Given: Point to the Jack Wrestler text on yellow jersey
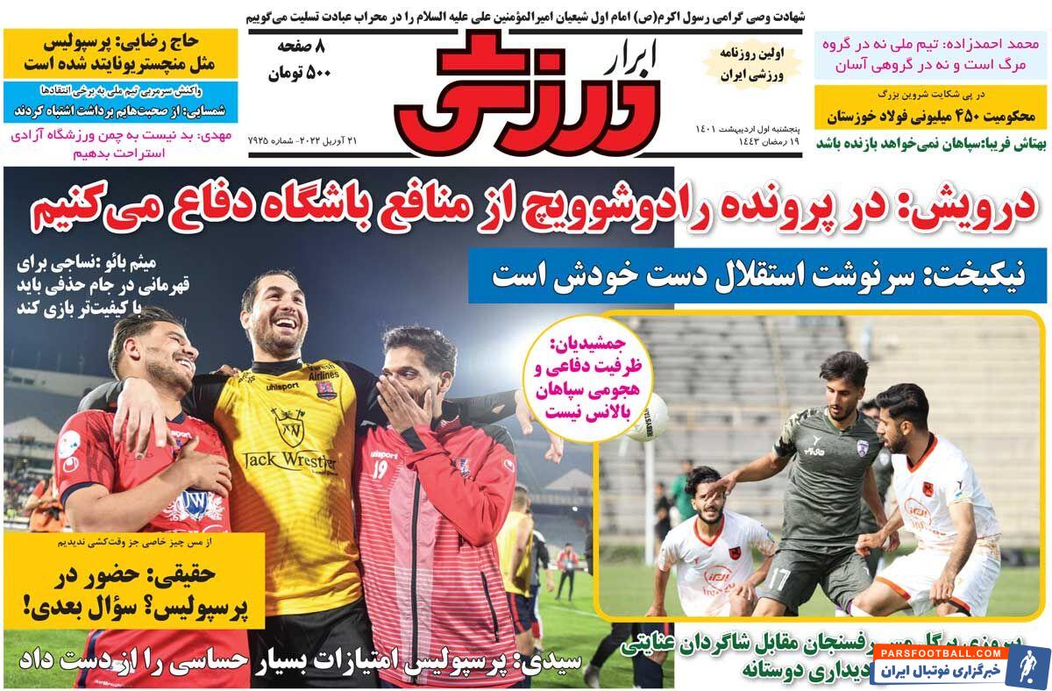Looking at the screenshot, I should click(x=289, y=459).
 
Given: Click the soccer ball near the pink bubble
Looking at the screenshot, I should click(x=647, y=417).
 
